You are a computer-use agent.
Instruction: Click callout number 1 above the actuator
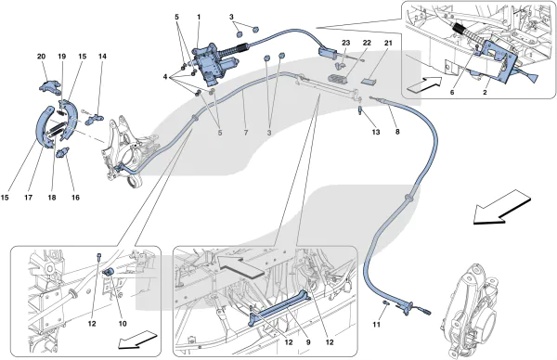click(x=199, y=17)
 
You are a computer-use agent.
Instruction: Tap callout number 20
click(x=41, y=57)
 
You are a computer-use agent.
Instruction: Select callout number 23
click(x=345, y=43)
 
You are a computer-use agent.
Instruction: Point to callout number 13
click(x=376, y=132)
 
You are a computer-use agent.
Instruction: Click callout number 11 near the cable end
click(x=377, y=325)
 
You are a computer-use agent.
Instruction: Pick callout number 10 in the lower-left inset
click(x=123, y=324)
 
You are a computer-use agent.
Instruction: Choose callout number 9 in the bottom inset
click(x=308, y=342)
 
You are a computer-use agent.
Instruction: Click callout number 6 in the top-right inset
click(x=452, y=92)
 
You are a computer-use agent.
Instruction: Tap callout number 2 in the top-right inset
click(x=485, y=92)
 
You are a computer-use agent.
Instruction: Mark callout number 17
click(x=29, y=198)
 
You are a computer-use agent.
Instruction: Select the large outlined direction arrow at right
click(x=502, y=207)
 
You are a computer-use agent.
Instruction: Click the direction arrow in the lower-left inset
click(x=137, y=339)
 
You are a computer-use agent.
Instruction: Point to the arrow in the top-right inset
click(x=425, y=84)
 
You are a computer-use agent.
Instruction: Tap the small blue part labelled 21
click(x=369, y=81)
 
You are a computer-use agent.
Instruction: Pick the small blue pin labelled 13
click(x=360, y=110)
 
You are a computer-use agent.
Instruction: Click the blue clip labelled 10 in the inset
click(x=108, y=272)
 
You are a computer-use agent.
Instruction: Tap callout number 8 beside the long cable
click(x=397, y=132)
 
